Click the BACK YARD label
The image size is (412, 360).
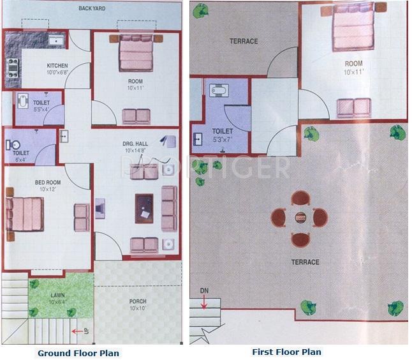coord(92,9)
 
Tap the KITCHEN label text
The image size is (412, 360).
coord(57,66)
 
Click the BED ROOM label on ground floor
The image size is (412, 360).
coord(48,183)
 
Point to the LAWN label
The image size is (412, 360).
coord(57,295)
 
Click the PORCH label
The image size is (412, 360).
coord(138,302)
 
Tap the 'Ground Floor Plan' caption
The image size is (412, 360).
coord(78,353)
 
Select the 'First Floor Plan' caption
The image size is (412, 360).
coord(286,352)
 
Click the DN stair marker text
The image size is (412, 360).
coord(203,291)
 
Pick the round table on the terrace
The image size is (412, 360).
coord(300,218)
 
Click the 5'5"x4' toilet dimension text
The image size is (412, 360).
coord(41,110)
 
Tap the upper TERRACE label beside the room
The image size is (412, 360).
coord(244,41)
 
